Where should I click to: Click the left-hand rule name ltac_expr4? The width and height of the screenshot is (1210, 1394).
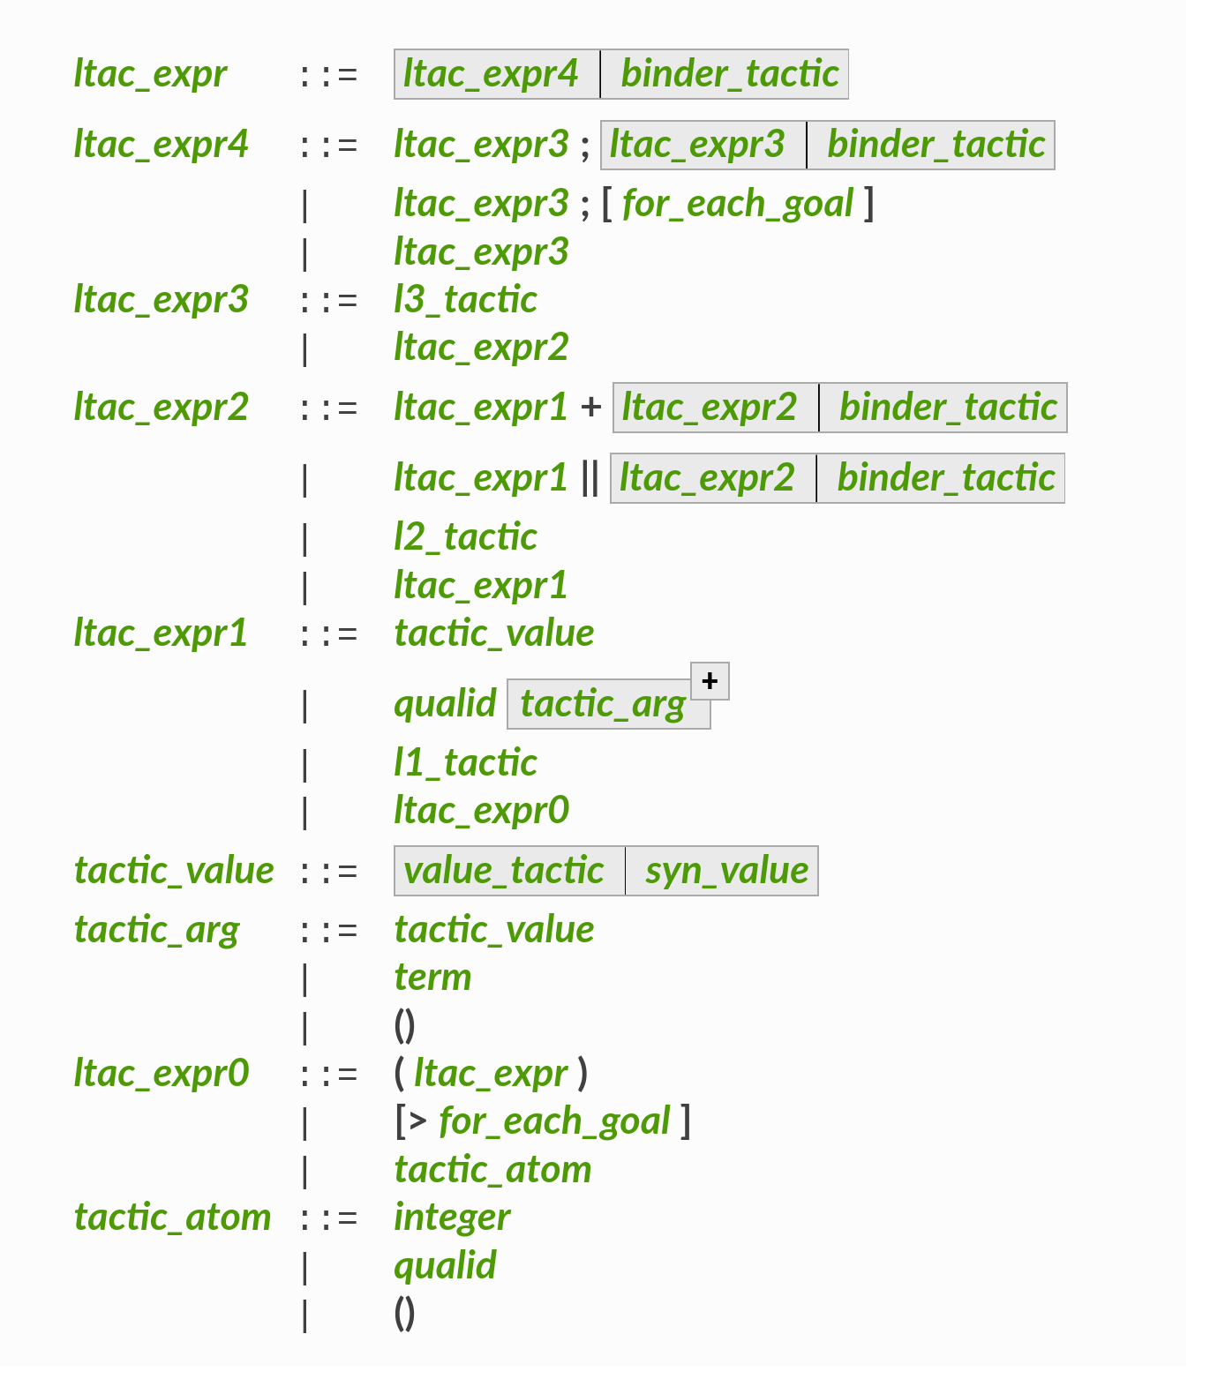tap(161, 144)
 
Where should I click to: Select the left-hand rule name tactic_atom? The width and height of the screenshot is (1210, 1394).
tap(172, 1218)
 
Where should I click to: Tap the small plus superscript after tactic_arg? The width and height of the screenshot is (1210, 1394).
tap(710, 681)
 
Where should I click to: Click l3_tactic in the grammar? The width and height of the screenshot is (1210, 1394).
tap(465, 300)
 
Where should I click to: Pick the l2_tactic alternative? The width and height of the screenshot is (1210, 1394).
tap(465, 537)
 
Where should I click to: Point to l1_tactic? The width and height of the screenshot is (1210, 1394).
tap(465, 763)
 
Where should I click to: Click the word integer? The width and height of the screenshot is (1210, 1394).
tap(452, 1218)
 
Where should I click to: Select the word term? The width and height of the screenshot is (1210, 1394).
tap(432, 978)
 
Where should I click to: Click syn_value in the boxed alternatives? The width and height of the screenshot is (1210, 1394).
tap(726, 871)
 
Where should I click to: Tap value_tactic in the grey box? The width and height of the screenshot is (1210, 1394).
tap(504, 871)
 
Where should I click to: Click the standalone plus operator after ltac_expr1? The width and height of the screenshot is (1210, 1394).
tap(590, 408)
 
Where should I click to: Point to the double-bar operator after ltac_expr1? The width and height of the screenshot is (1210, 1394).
tap(590, 478)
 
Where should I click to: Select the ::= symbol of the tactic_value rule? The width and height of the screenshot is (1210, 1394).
tap(329, 871)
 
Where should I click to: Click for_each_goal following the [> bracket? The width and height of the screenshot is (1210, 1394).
tap(554, 1121)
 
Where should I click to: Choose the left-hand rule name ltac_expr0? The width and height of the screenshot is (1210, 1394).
tap(162, 1074)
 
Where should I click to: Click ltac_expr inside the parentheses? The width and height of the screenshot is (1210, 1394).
tap(491, 1074)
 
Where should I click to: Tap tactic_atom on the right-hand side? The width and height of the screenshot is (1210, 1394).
tap(492, 1170)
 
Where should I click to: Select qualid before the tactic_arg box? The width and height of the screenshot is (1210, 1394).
tap(445, 704)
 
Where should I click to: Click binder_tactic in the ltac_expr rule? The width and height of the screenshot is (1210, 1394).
tap(729, 74)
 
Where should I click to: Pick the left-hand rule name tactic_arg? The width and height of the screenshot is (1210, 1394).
tap(156, 930)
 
